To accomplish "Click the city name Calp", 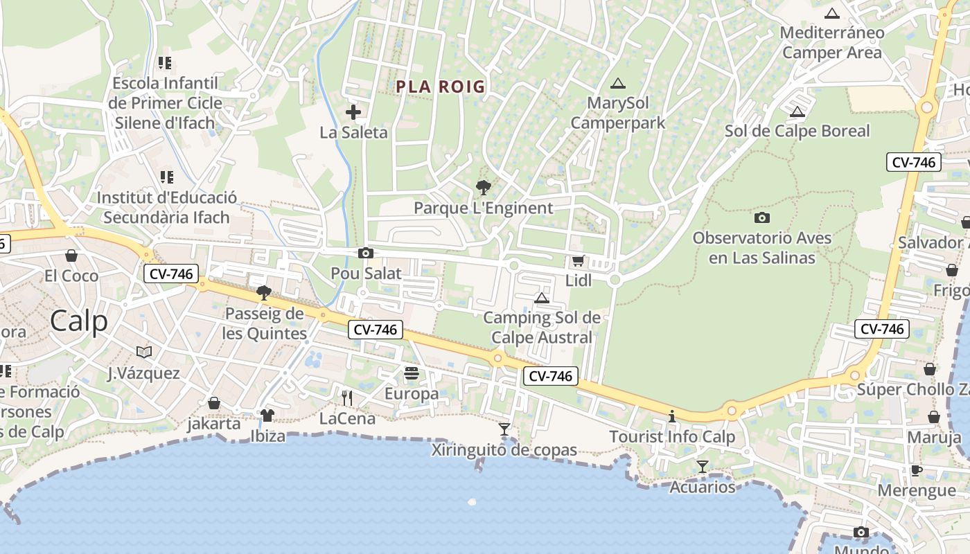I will (79, 321).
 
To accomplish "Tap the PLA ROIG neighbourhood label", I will (441, 87).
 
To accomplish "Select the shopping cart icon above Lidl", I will (578, 261).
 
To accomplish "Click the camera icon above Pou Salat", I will (366, 253).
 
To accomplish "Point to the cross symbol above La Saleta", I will (353, 111).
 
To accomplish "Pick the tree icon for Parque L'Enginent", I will (483, 187).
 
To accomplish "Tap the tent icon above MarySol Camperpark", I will (617, 84).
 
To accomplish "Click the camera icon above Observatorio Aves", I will (762, 217).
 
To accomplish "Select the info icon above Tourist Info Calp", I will (671, 416).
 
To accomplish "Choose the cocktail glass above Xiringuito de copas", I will (504, 429).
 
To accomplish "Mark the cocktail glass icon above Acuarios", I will (703, 467).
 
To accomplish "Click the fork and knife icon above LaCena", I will (347, 397).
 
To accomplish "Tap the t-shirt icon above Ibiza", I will (267, 415).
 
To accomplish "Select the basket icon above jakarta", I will (214, 403).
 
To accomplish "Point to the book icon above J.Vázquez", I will (143, 352).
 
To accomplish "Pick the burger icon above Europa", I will (412, 373).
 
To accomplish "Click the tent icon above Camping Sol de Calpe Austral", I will (542, 298).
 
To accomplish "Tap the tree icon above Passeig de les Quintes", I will (263, 293).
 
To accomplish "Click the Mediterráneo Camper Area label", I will (832, 42).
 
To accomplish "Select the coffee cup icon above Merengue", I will (916, 471).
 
